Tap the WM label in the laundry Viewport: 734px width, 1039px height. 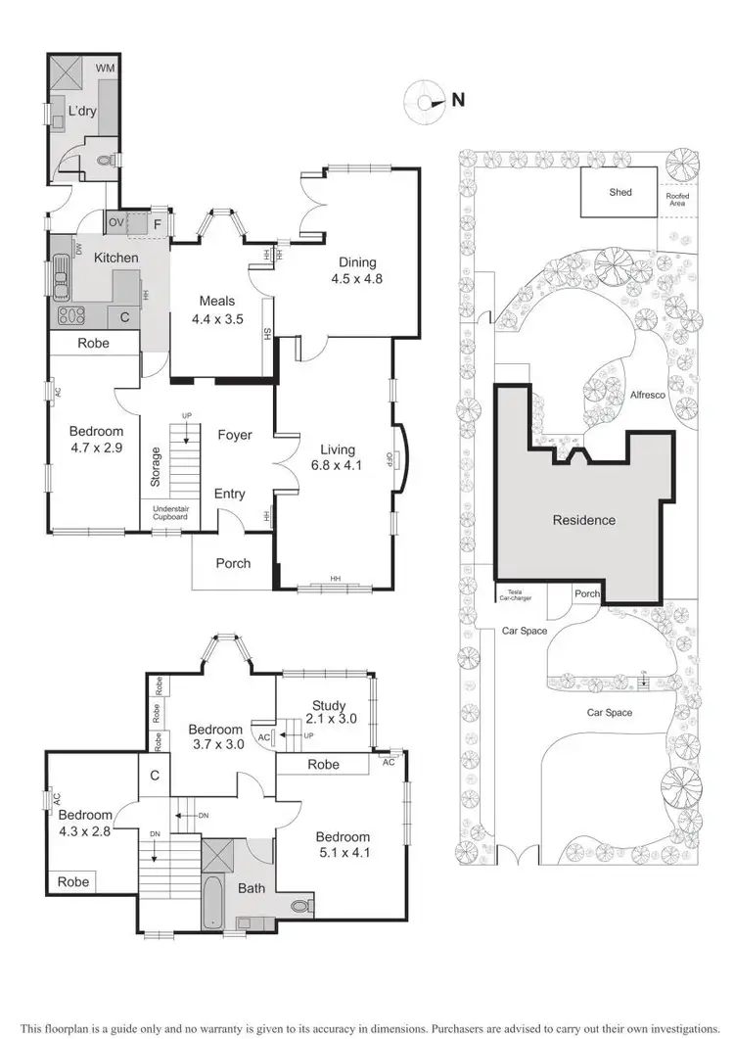(105, 70)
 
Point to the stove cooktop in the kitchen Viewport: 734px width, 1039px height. (71, 315)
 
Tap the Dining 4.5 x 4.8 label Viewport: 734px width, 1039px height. (357, 270)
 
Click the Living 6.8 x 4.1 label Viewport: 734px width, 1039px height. (335, 457)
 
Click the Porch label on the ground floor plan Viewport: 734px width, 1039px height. (233, 563)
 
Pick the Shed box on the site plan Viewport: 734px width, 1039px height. (619, 192)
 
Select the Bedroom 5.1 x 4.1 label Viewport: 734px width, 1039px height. (343, 845)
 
